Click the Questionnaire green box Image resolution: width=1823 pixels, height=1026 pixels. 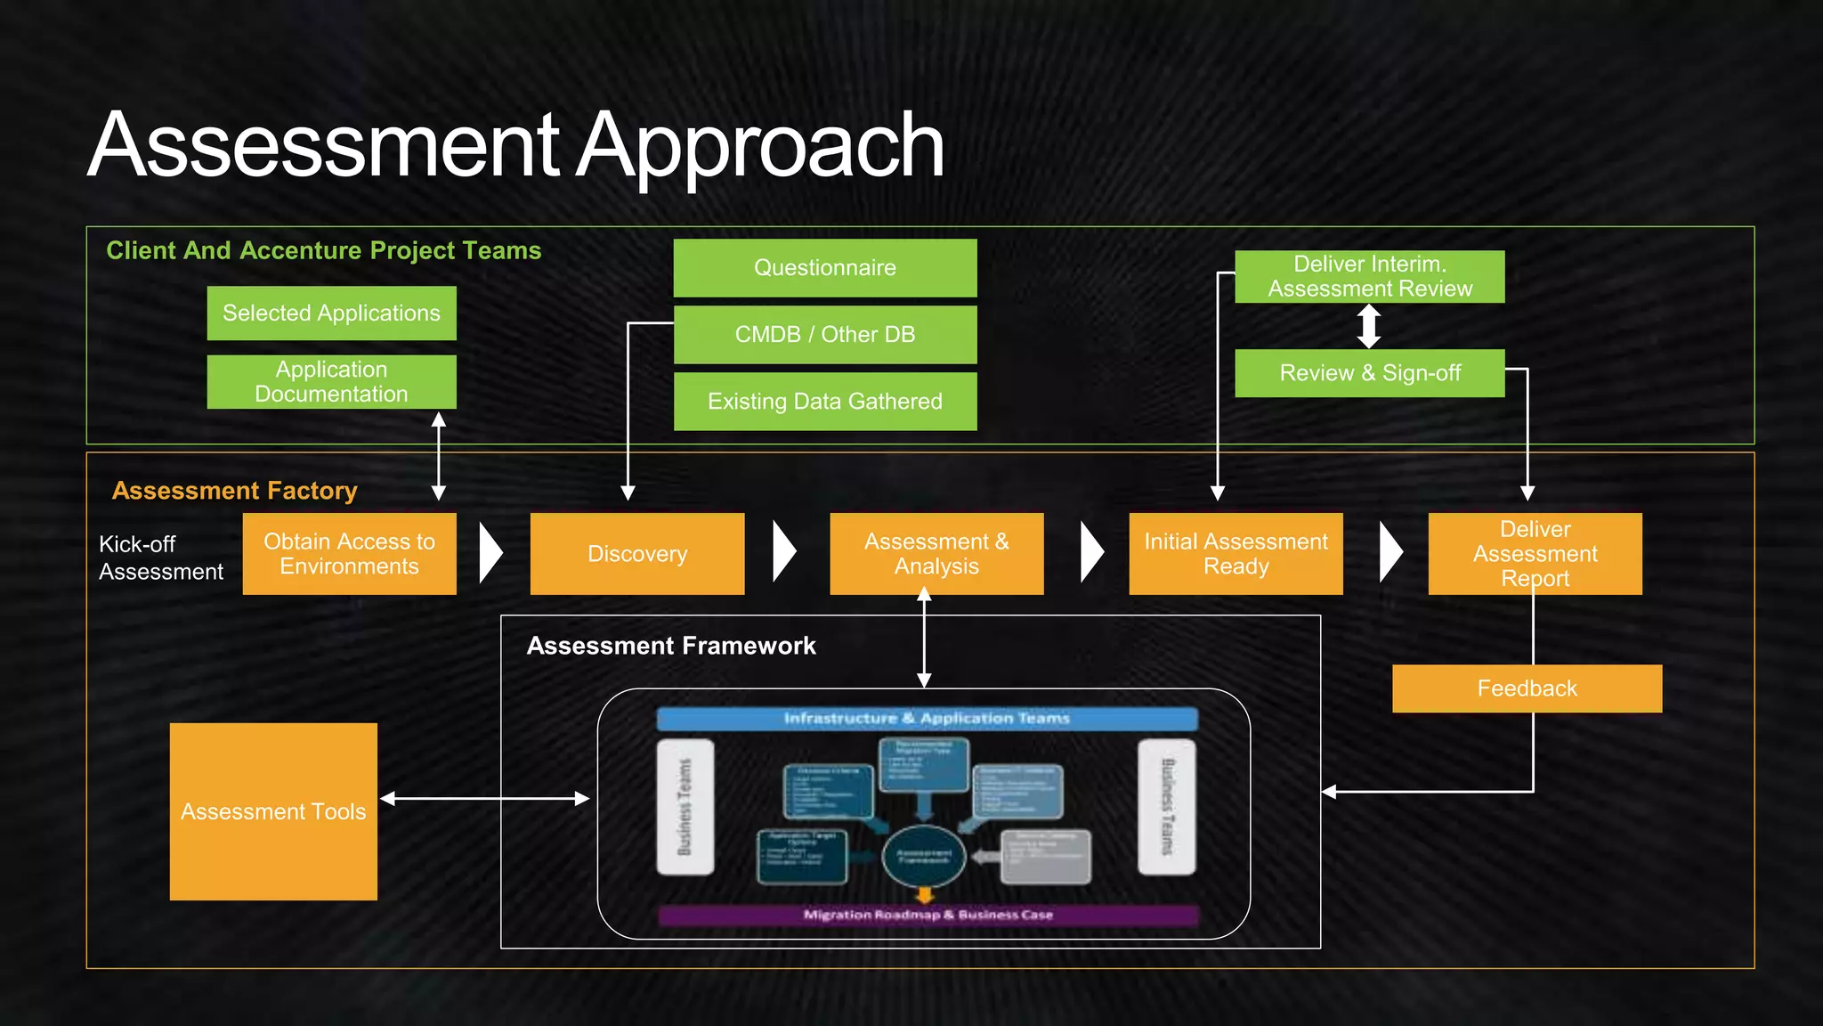pyautogui.click(x=825, y=267)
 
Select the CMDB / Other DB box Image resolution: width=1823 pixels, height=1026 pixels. pyautogui.click(x=825, y=334)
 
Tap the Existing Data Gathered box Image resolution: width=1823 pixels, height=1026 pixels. pyautogui.click(x=825, y=401)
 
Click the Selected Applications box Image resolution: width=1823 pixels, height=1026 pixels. pyautogui.click(x=331, y=313)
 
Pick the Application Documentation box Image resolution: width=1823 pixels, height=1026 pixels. pyautogui.click(x=331, y=381)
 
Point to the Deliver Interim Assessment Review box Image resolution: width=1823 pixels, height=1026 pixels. pyautogui.click(x=1369, y=276)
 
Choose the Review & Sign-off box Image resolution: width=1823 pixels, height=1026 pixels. pyautogui.click(x=1369, y=372)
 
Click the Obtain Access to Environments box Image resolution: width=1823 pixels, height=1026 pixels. pyautogui.click(x=349, y=553)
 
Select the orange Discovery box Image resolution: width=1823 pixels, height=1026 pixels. pyautogui.click(x=637, y=553)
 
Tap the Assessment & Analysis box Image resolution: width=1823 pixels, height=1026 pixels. pyautogui.click(x=936, y=553)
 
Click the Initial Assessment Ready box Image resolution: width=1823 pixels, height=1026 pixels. pyautogui.click(x=1236, y=553)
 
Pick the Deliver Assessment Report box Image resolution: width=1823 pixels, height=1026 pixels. pyautogui.click(x=1535, y=553)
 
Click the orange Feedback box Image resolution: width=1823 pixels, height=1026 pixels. pyautogui.click(x=1527, y=688)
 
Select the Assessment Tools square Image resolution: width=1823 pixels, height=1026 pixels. pyautogui.click(x=273, y=811)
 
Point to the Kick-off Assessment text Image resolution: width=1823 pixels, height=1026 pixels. pyautogui.click(x=161, y=558)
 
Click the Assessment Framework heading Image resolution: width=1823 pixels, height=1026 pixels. pyautogui.click(x=671, y=646)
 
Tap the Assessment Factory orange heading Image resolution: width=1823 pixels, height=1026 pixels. pyautogui.click(x=234, y=491)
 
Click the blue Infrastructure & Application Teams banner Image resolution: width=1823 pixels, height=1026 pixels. pyautogui.click(x=927, y=719)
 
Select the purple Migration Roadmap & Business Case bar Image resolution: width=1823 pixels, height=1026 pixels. pyautogui.click(x=928, y=915)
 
